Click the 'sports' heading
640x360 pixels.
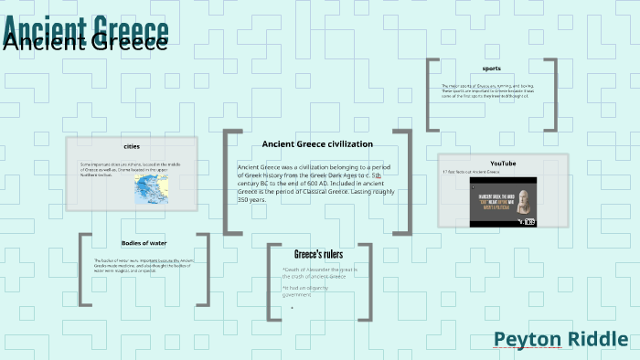coord(491,69)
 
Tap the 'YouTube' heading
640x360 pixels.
coord(503,164)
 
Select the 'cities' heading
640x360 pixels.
coord(131,146)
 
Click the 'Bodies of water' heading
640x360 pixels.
coord(144,243)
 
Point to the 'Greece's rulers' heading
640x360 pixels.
coord(317,254)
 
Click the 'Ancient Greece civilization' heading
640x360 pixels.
coord(317,143)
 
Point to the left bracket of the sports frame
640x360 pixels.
coord(430,94)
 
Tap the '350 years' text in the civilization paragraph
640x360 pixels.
coord(251,199)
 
